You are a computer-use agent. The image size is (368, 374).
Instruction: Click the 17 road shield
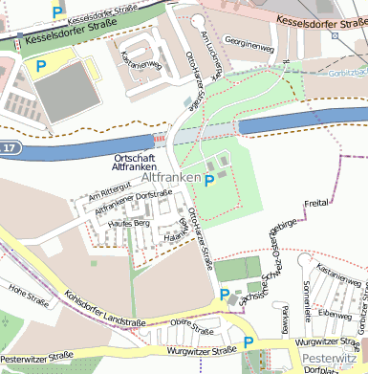pyautogui.click(x=9, y=149)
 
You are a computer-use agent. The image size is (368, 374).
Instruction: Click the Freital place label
pyautogui.click(x=315, y=204)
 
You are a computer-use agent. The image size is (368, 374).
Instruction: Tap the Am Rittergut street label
pyautogui.click(x=106, y=197)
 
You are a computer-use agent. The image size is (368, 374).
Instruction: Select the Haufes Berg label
pyautogui.click(x=130, y=223)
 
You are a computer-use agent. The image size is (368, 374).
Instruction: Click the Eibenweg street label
pyautogui.click(x=335, y=313)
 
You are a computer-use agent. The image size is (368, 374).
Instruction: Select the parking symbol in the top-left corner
pyautogui.click(x=57, y=11)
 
